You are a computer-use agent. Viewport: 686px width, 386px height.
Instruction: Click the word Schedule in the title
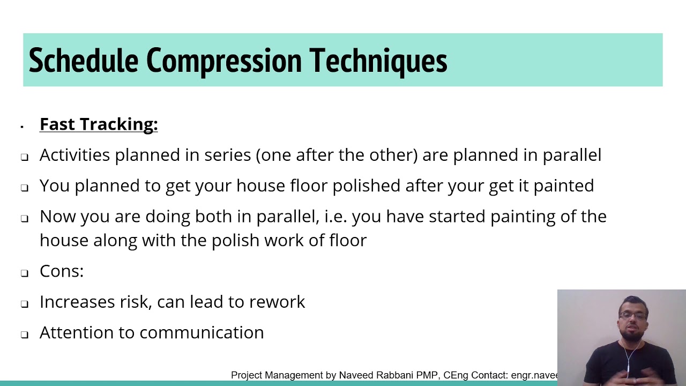point(83,61)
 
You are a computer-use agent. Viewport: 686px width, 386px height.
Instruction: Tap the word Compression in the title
point(223,61)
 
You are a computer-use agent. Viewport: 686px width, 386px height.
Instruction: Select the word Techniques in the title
point(378,61)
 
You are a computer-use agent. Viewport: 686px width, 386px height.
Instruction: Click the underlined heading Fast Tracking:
point(99,124)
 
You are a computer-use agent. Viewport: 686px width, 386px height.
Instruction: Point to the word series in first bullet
point(228,155)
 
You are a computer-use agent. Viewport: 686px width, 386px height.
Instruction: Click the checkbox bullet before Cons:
point(25,273)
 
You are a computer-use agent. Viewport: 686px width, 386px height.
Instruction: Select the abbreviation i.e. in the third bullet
point(335,217)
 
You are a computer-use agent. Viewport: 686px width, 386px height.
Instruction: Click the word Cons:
point(62,271)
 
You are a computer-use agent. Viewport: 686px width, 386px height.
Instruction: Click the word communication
point(201,332)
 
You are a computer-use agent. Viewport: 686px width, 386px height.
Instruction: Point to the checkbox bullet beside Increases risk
point(25,303)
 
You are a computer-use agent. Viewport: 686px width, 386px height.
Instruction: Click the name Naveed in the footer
point(356,375)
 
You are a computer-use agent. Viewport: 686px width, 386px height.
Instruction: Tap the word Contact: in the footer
point(489,375)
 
